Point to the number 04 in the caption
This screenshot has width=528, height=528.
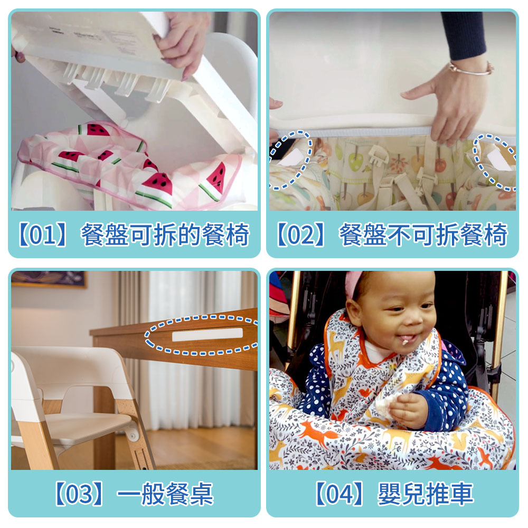click(x=339, y=494)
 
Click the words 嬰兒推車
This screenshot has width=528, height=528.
click(x=426, y=494)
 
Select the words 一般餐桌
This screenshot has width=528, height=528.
click(x=165, y=494)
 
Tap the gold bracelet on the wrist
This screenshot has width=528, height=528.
click(x=472, y=69)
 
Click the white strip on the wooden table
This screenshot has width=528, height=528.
click(x=208, y=334)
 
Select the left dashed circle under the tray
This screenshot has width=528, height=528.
click(x=289, y=161)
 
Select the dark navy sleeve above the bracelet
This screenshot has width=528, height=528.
click(x=464, y=36)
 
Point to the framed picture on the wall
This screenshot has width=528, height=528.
click(x=49, y=279)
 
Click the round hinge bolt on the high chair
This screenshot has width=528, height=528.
click(x=133, y=436)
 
